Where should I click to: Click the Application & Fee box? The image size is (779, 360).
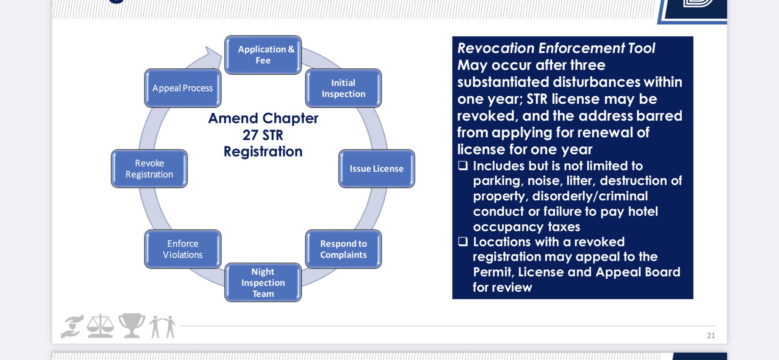(263, 55)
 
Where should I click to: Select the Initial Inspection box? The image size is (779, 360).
(343, 88)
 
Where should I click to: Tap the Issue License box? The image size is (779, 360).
(377, 169)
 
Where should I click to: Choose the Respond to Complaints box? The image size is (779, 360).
(343, 249)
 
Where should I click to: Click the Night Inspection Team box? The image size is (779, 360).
(263, 282)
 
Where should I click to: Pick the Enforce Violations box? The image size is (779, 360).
(183, 249)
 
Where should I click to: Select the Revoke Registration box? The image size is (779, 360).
(149, 169)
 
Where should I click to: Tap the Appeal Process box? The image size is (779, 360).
(183, 88)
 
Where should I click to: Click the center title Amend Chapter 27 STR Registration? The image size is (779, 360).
(263, 135)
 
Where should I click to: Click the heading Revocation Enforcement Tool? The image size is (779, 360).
(556, 48)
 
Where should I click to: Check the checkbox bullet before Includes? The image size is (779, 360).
(463, 166)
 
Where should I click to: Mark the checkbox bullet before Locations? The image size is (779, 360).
(463, 242)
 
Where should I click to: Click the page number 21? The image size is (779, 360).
(711, 335)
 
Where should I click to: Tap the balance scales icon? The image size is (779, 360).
(100, 326)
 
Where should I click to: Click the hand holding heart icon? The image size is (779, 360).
(73, 327)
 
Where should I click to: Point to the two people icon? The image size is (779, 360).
(162, 327)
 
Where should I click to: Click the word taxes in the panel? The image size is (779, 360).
(564, 227)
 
